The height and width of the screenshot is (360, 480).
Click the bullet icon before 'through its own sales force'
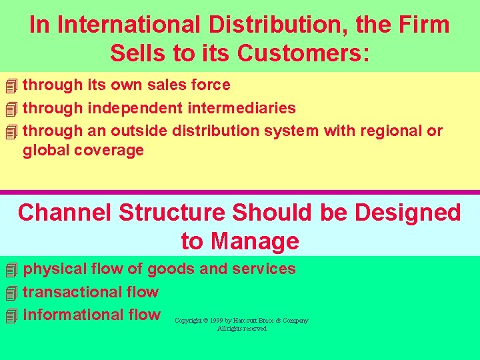[x=9, y=86]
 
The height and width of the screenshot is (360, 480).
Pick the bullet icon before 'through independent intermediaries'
[x=9, y=109]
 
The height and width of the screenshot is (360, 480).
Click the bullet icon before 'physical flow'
[x=9, y=270]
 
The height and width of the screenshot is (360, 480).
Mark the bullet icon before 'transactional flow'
[x=9, y=293]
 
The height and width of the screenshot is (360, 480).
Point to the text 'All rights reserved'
[x=241, y=329]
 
